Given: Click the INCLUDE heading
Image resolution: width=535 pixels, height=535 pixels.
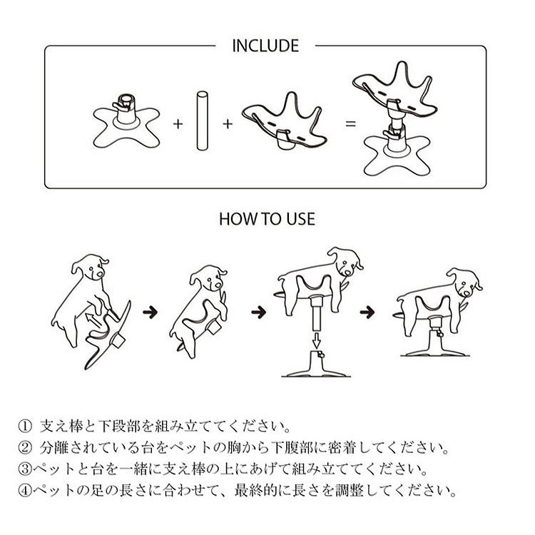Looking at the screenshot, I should click(x=265, y=46).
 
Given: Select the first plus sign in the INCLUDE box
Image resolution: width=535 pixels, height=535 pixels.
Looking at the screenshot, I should click(x=178, y=123).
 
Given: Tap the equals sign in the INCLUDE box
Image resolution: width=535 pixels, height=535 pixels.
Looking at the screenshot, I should click(x=350, y=123).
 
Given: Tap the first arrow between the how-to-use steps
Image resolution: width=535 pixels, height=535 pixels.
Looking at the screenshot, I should click(x=150, y=312).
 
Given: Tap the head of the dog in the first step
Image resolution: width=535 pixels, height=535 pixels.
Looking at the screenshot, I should click(x=91, y=268).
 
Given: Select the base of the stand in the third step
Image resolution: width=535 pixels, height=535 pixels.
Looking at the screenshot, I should click(x=312, y=368).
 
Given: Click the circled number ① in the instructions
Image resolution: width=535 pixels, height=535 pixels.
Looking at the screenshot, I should click(x=25, y=428).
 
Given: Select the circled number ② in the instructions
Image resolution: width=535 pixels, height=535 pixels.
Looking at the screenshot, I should click(x=25, y=449).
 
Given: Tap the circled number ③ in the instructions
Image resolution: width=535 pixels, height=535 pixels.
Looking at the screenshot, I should click(x=22, y=470).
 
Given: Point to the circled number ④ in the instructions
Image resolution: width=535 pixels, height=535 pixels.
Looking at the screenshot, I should click(x=22, y=491).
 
